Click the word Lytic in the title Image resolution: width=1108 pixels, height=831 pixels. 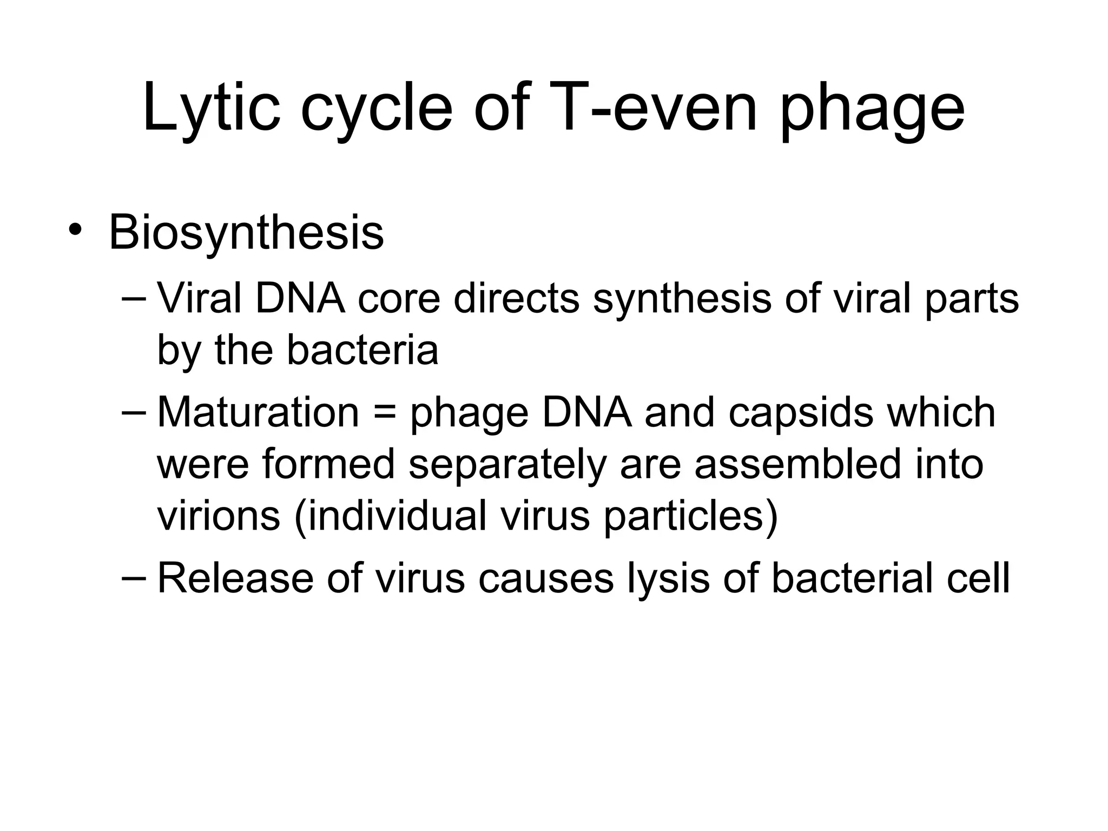coord(212,108)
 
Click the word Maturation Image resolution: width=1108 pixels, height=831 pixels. coord(258,412)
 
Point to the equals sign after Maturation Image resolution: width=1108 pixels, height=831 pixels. coord(384,412)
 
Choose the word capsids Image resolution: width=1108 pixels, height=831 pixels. coord(800,413)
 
